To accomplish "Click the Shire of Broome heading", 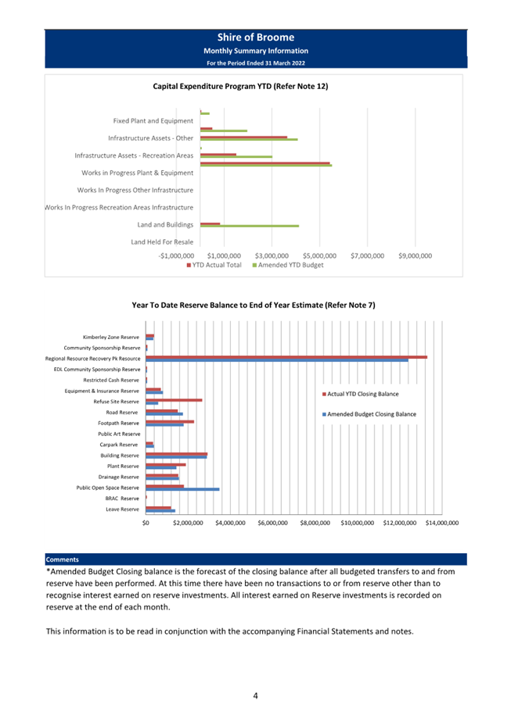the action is (255, 38).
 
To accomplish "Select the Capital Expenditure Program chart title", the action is (240, 86).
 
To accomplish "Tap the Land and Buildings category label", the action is (165, 225).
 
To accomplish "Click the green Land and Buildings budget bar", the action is (250, 226).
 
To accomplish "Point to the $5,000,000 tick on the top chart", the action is (319, 256).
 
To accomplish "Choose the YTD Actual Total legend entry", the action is (214, 265).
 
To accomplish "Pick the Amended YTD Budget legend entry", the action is (288, 265).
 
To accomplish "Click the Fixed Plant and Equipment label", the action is (153, 120).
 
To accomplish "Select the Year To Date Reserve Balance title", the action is (254, 305).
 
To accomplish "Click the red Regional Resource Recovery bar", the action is (286, 357).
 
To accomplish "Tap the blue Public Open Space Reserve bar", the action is (182, 489).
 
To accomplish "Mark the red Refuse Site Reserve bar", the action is (174, 400).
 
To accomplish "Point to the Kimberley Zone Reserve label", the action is (110, 337).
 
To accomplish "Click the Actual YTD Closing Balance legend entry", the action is (360, 394).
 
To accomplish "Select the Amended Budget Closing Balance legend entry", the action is (369, 414).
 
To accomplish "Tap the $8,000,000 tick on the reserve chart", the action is (315, 523).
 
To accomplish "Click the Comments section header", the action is (63, 559).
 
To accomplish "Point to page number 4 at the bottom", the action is (255, 695).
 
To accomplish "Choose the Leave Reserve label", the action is (122, 509).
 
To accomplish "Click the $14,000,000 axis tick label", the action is (442, 523).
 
